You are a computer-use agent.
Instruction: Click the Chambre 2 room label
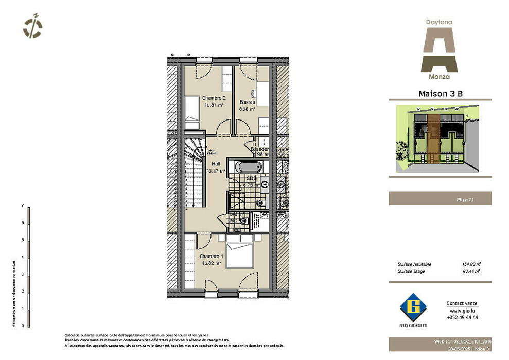tap(214, 98)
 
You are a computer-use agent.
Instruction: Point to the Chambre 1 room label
tap(211, 256)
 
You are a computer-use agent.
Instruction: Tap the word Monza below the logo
tap(438, 77)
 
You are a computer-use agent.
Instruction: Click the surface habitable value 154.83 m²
tap(471, 264)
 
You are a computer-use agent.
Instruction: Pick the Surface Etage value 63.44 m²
tap(471, 271)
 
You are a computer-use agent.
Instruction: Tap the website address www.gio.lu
tap(462, 311)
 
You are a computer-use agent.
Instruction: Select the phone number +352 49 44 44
tap(463, 318)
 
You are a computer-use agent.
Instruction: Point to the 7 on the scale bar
tap(22, 205)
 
